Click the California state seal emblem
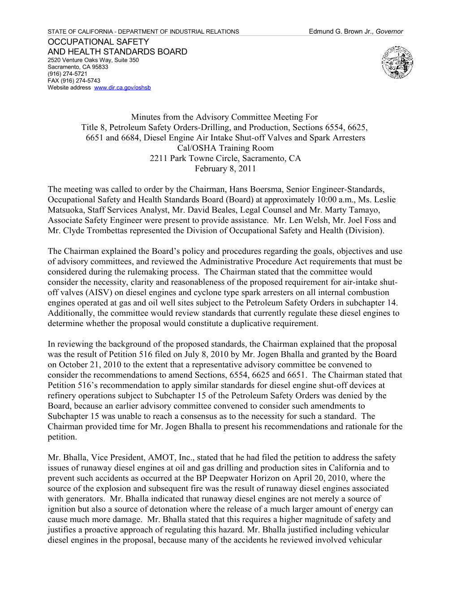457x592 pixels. click(x=397, y=62)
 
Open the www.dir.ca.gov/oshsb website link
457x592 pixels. click(x=122, y=88)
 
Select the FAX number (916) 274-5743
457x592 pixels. click(x=81, y=81)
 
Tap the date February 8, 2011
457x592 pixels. click(x=225, y=169)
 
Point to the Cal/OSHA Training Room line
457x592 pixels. click(x=225, y=148)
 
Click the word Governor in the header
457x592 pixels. click(x=389, y=31)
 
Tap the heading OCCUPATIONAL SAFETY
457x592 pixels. click(x=98, y=42)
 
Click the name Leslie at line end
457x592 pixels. click(x=385, y=200)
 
